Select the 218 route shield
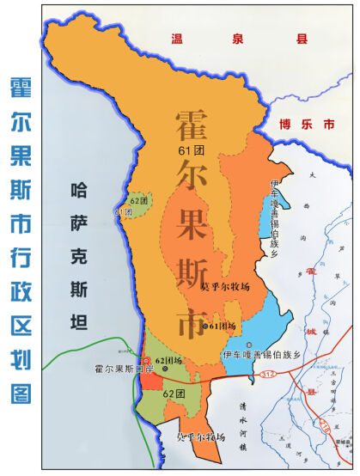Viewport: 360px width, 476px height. pos(324,427)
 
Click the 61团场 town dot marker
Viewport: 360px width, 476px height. pos(204,326)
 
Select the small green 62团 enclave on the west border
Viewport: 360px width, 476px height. pos(137,206)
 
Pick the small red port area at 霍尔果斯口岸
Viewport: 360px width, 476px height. pos(148,378)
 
